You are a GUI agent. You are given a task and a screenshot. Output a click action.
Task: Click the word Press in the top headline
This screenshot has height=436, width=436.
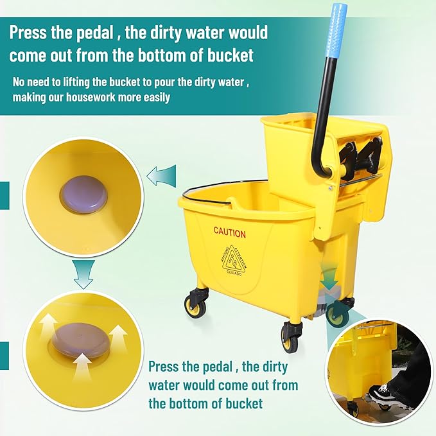(31, 32)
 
